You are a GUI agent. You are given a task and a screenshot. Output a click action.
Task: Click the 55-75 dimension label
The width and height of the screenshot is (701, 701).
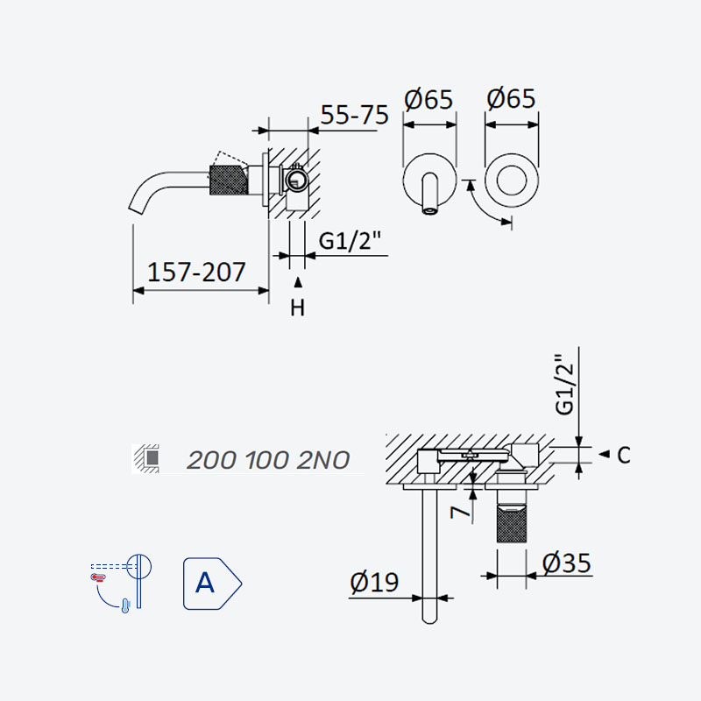click(x=355, y=115)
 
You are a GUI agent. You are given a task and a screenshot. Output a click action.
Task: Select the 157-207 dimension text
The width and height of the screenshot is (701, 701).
click(x=196, y=272)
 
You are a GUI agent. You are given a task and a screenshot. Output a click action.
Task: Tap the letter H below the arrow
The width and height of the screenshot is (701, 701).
click(x=297, y=308)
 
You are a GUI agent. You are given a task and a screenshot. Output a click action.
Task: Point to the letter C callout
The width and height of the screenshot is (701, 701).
click(x=624, y=455)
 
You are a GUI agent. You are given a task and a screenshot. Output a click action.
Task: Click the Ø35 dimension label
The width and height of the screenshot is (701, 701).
click(x=566, y=563)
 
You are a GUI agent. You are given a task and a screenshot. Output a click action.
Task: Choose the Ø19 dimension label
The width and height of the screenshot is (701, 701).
click(x=374, y=582)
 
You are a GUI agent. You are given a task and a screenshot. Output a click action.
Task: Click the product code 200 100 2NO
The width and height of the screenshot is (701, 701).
click(x=268, y=460)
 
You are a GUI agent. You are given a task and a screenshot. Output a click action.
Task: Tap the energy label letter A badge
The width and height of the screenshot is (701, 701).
click(x=212, y=584)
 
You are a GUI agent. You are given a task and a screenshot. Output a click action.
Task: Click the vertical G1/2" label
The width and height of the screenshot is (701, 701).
click(x=563, y=385)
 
